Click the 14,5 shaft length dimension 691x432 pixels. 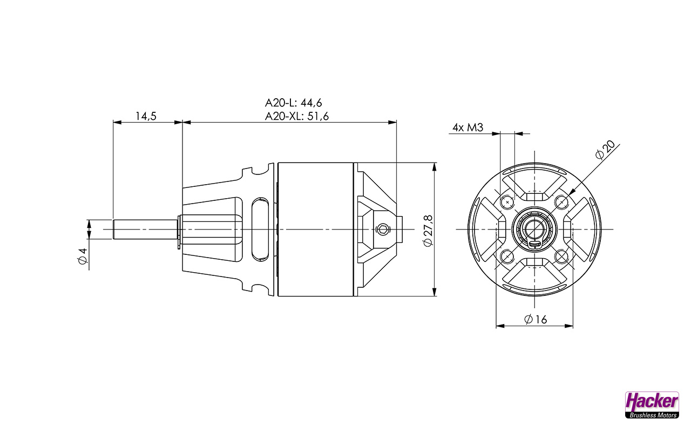(146, 116)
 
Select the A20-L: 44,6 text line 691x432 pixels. (296, 103)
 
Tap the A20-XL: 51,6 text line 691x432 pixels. (297, 116)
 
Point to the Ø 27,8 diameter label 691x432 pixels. (427, 230)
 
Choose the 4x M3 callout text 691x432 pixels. (468, 128)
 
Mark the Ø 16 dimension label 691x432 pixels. (535, 320)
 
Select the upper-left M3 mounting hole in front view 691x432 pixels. (507, 202)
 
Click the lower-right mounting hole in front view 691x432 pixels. (561, 256)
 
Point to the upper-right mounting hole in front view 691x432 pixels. (561, 202)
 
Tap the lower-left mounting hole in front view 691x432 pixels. (507, 256)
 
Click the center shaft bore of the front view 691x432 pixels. (534, 228)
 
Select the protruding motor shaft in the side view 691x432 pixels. (145, 230)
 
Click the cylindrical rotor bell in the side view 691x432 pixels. (316, 230)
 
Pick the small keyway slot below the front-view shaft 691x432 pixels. (534, 245)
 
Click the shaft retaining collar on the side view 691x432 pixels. (179, 231)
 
